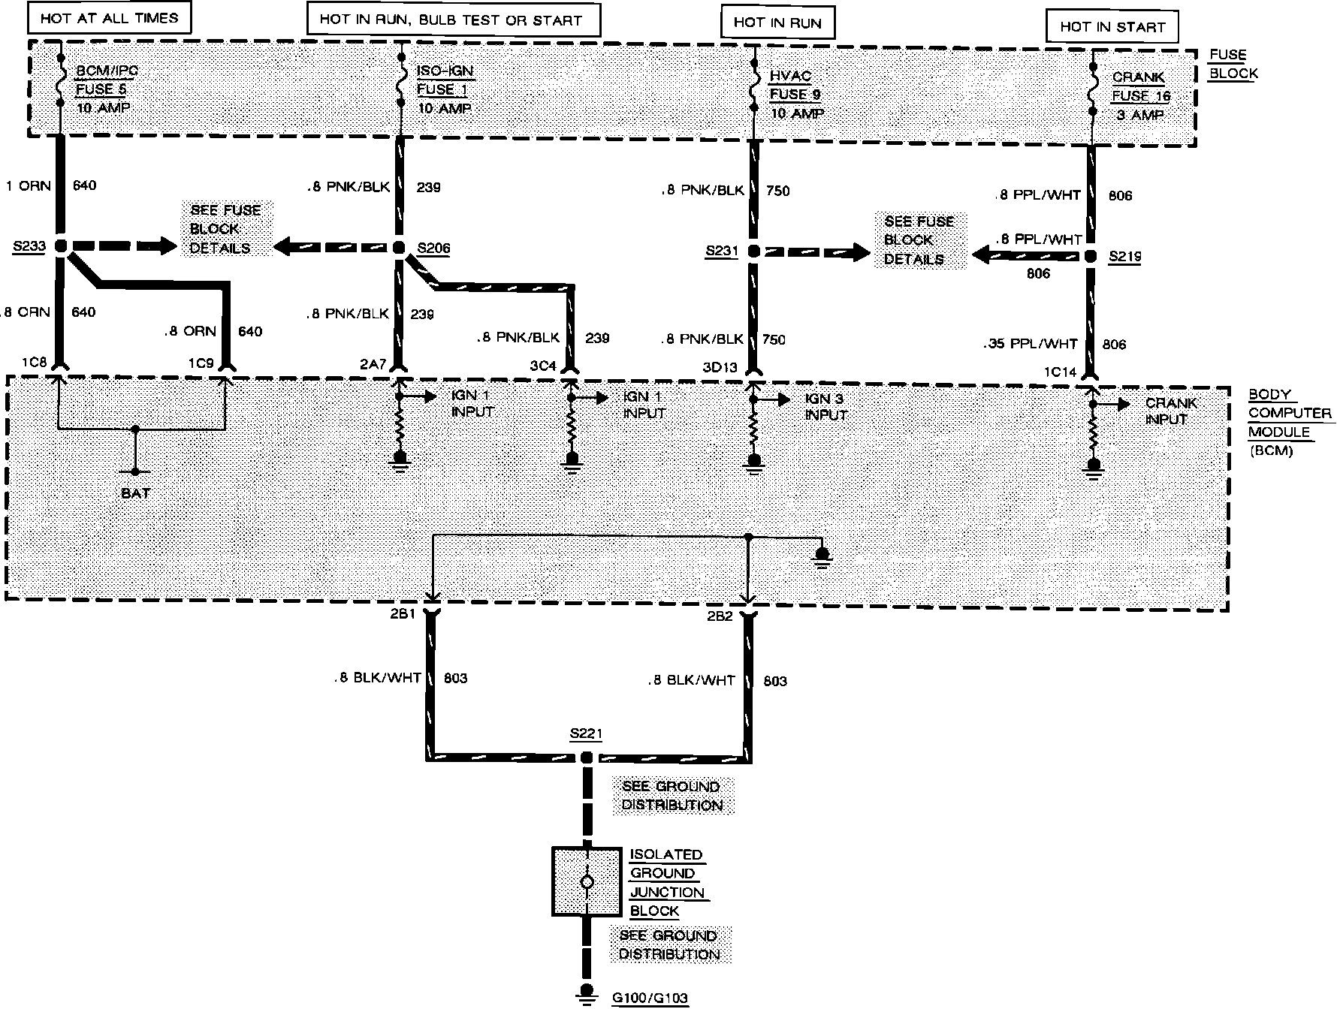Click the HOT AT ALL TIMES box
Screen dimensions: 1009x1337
(109, 18)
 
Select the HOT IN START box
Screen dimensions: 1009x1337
(1112, 27)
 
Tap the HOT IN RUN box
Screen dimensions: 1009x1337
(777, 23)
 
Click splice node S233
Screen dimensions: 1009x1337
(60, 245)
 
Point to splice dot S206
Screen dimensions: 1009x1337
(400, 247)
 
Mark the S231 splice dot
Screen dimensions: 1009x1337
(753, 251)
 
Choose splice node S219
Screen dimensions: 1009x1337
(1091, 256)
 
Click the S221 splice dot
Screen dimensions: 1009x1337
(587, 758)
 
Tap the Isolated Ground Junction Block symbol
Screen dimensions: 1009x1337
(587, 881)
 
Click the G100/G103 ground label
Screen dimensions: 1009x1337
(650, 998)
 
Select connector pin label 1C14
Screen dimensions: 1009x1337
(1059, 372)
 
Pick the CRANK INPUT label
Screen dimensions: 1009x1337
(1170, 411)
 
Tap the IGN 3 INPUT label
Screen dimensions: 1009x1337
(827, 407)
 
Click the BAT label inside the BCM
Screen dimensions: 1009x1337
(135, 493)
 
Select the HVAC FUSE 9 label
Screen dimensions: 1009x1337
(795, 95)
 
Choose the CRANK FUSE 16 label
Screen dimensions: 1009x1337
(1140, 96)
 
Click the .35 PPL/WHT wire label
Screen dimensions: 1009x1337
(1031, 344)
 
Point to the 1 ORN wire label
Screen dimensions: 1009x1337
(28, 185)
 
